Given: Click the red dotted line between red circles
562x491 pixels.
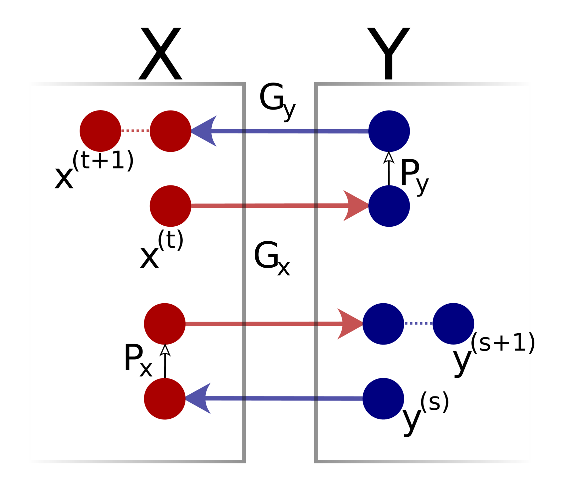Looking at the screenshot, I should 136,131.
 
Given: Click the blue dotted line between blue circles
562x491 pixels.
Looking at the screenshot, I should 418,324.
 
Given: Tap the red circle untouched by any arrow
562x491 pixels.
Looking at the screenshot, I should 101,131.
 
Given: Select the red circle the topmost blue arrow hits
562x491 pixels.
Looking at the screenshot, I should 170,131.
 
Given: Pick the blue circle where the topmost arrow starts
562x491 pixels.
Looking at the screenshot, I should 389,131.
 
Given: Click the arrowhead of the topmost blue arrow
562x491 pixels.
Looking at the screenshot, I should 205,131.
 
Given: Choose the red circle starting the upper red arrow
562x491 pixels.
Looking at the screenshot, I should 170,206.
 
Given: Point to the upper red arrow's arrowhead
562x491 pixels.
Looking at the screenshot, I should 356,206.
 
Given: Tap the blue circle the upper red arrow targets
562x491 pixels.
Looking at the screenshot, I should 389,206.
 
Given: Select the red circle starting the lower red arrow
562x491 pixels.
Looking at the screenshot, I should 165,324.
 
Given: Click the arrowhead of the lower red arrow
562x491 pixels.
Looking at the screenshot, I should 350,324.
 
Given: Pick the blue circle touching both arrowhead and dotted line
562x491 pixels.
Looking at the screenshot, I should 383,324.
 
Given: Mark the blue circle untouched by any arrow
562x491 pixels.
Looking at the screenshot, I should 453,324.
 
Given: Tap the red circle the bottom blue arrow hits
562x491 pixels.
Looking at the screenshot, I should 165,399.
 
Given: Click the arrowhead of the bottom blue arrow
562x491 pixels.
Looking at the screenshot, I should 199,398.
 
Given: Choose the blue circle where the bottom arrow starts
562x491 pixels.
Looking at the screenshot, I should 383,399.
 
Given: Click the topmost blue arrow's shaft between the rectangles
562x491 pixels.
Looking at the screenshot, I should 280,131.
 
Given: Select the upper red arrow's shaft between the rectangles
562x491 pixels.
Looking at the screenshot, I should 280,206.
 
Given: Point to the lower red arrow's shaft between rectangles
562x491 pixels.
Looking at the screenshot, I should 280,324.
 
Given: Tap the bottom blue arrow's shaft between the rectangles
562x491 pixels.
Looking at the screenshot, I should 280,398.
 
